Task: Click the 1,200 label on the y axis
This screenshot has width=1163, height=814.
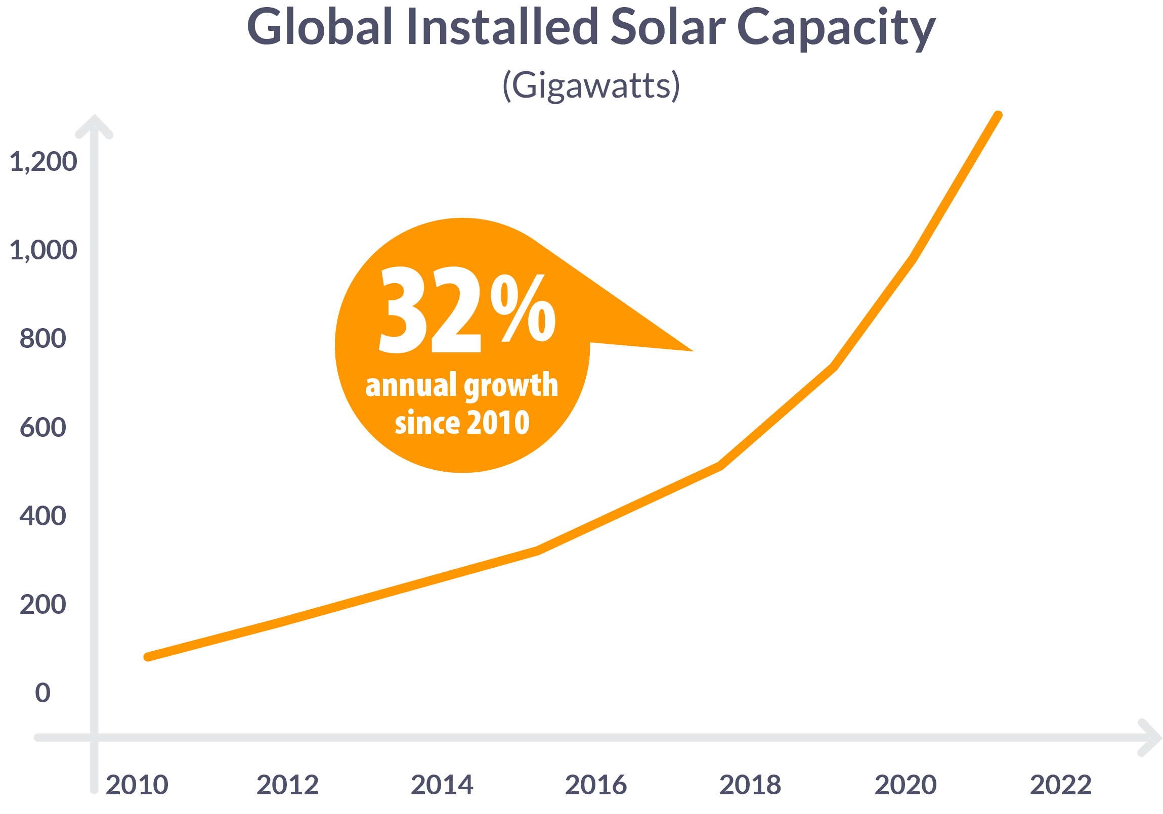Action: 44,162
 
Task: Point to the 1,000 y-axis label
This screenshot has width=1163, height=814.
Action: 44,251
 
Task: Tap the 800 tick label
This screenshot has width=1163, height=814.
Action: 43,339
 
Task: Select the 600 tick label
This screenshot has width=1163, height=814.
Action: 43,428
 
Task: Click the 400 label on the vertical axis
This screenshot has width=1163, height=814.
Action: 43,516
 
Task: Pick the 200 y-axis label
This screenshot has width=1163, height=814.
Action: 43,605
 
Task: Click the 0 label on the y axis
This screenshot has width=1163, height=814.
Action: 43,693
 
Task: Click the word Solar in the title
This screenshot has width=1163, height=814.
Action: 668,27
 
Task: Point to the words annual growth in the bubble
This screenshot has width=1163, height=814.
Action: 461,386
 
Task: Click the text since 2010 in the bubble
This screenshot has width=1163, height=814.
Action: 462,423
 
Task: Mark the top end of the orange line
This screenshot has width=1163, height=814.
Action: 998,115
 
